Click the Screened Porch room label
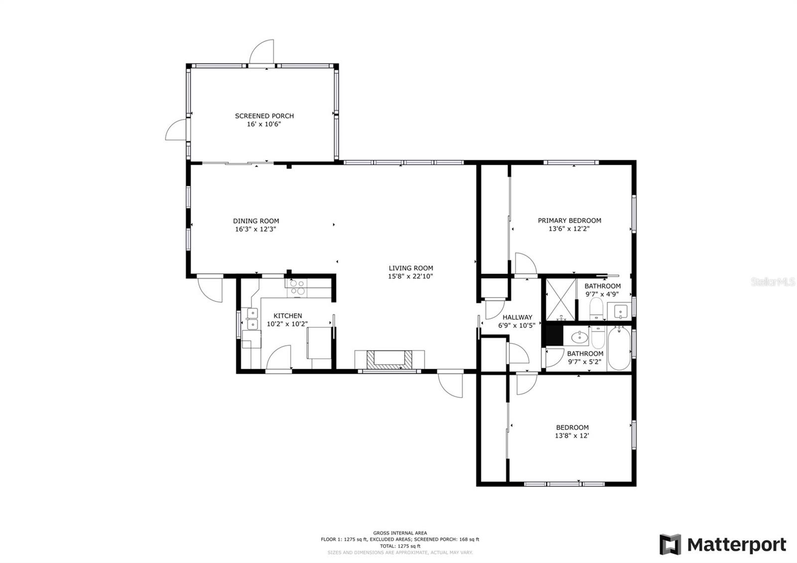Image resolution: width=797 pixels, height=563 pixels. tap(265, 116)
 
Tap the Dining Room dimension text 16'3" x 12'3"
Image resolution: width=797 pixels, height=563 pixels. tap(256, 229)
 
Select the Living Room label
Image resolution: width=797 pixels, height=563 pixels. tap(410, 268)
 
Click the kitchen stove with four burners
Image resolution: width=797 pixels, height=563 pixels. tap(297, 287)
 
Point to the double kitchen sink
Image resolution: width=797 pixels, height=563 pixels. tap(252, 319)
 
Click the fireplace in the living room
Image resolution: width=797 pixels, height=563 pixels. tap(389, 360)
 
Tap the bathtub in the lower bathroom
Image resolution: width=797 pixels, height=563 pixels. tap(620, 348)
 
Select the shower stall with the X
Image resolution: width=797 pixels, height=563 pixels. tap(561, 300)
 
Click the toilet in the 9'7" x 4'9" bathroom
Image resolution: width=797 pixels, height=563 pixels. tap(596, 309)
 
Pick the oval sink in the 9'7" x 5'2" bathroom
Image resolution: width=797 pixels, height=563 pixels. tap(580, 336)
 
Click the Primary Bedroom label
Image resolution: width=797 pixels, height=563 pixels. tap(569, 221)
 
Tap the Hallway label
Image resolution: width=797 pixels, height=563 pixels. tap(518, 317)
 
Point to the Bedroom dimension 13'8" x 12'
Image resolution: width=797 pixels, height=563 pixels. tap(572, 435)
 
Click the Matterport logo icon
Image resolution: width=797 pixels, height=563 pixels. tap(670, 545)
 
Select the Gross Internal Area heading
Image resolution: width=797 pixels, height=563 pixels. tap(400, 533)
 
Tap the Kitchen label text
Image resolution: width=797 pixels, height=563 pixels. tap(287, 316)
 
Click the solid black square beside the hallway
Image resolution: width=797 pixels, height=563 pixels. tap(554, 335)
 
